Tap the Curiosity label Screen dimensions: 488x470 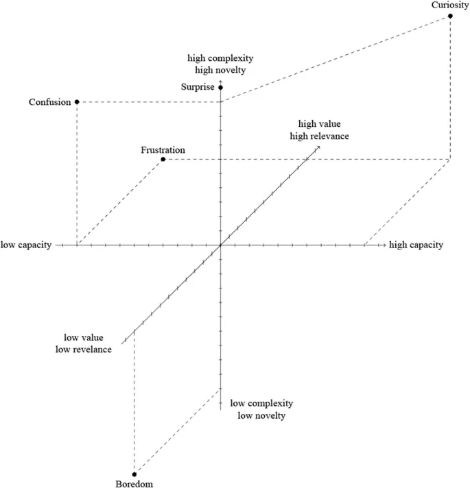(x=450, y=5)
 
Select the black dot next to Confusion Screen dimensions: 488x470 (x=77, y=101)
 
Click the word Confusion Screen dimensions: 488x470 (x=50, y=102)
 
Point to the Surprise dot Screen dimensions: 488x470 (x=220, y=88)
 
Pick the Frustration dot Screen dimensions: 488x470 (x=163, y=160)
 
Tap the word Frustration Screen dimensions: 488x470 (x=163, y=150)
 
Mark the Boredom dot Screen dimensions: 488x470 (x=134, y=474)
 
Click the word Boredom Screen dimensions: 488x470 (x=134, y=483)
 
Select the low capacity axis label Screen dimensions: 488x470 (x=26, y=245)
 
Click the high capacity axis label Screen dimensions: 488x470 (x=416, y=245)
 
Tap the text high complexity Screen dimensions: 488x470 (x=221, y=57)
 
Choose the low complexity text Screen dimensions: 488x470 (x=261, y=403)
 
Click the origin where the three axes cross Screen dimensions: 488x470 (x=220, y=245)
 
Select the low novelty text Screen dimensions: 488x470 (x=261, y=415)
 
